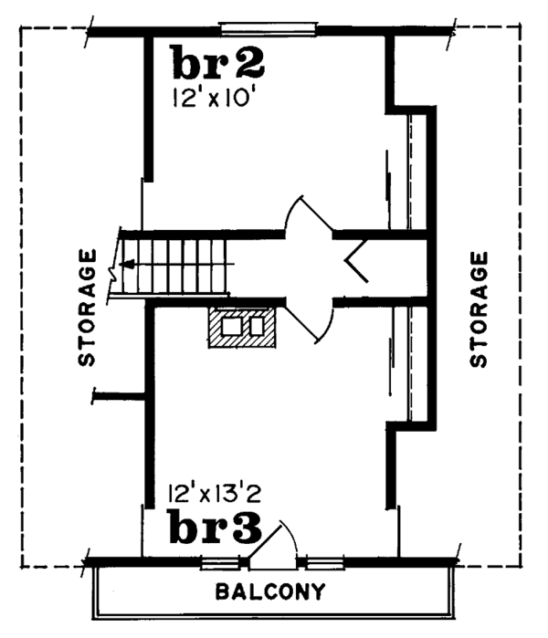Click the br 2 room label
click(218, 64)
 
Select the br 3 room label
click(215, 528)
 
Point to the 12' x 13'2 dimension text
click(216, 495)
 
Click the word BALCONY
click(269, 591)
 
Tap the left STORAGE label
click(87, 307)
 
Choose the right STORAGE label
click(479, 309)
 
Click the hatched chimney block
click(241, 328)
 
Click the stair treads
click(183, 265)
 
